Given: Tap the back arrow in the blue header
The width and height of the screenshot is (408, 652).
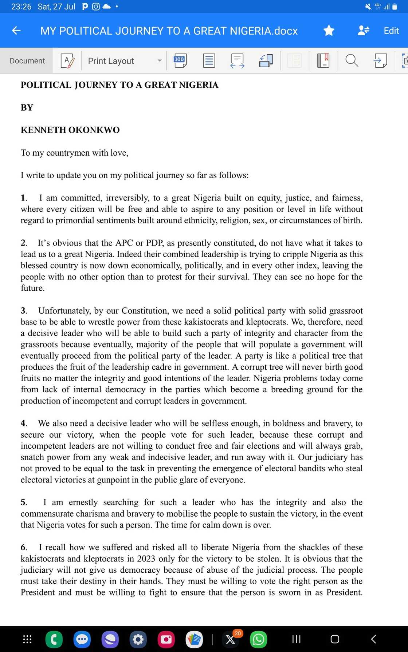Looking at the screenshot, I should [16, 31].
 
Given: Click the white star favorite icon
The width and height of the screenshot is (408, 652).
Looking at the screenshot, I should [329, 31].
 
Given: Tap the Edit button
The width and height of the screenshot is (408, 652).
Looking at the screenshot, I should [391, 31].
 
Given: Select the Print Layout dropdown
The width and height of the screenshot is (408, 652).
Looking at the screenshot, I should [124, 61].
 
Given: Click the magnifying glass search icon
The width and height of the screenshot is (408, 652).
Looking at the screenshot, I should [352, 60].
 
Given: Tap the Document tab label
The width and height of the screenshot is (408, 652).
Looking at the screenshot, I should [27, 61].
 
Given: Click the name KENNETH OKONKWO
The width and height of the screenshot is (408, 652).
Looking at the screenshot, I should [70, 130].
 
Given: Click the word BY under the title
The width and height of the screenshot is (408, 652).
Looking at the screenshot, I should [27, 107].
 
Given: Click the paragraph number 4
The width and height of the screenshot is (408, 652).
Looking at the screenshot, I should [23, 423].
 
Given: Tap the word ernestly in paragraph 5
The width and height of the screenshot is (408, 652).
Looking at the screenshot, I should [83, 502].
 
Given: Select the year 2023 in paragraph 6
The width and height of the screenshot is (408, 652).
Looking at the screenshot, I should [146, 558].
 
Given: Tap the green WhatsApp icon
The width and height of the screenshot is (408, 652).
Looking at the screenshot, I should [258, 639].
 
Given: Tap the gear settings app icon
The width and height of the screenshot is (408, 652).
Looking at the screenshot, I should [138, 639].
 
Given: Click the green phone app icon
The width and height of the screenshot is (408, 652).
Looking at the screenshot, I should [54, 639].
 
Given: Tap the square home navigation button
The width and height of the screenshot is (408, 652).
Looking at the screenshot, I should [335, 639].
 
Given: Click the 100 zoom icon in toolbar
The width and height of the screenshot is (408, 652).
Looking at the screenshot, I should [180, 60].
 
